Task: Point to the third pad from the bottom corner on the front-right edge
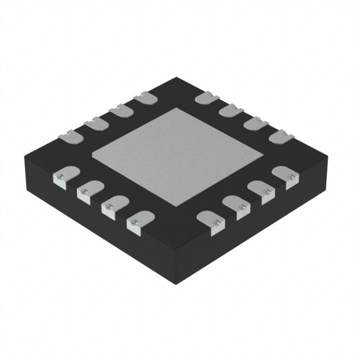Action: (x=262, y=191)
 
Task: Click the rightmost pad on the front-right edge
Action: (x=285, y=177)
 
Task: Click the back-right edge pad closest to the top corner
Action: (x=206, y=99)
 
